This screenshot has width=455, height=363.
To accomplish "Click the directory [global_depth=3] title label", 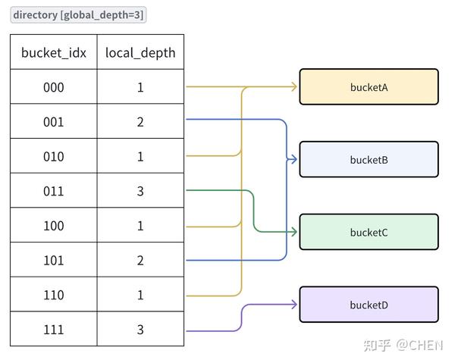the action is (x=78, y=15).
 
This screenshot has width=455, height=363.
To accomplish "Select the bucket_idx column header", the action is (x=54, y=52).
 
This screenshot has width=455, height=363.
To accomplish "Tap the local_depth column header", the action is (x=140, y=52).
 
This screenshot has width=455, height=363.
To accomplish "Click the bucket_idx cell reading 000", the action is (x=54, y=86).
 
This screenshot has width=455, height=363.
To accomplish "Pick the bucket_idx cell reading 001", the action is (x=54, y=121).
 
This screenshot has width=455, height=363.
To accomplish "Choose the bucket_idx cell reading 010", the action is (x=54, y=156).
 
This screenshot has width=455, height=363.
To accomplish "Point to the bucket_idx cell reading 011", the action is (x=54, y=190).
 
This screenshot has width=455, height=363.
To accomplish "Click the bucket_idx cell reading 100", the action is (x=54, y=225).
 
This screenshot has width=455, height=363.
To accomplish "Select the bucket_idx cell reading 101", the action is (x=54, y=260).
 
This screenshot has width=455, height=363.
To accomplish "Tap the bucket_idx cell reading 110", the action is (x=54, y=294).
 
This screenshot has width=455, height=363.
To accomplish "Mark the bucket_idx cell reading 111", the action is (x=54, y=329).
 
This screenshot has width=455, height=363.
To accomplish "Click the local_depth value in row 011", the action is (x=140, y=191).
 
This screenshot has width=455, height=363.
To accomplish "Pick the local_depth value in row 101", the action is (x=140, y=261).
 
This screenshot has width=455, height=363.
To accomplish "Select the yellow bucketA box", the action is (x=369, y=86).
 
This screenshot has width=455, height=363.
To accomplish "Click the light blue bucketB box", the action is (x=369, y=159).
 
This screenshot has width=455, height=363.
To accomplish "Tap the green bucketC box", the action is (x=369, y=232).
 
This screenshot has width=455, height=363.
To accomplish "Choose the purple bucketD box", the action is (x=369, y=305).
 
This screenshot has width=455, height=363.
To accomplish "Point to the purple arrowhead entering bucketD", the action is (x=294, y=305).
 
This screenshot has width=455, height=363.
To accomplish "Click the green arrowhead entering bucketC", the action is (x=294, y=232).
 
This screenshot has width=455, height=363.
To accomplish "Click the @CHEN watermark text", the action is (x=419, y=346).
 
